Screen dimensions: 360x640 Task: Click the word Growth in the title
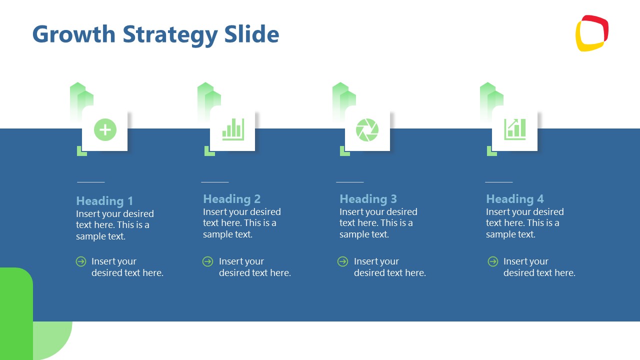tap(73, 34)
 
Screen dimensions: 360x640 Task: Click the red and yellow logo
tap(592, 33)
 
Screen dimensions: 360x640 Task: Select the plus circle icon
tap(105, 130)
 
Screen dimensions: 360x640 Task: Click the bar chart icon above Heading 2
tap(233, 129)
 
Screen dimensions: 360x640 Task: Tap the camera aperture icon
tap(367, 130)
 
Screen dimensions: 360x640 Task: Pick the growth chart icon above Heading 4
tap(515, 129)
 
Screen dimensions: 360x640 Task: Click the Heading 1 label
tap(104, 201)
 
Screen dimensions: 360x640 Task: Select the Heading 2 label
tap(231, 199)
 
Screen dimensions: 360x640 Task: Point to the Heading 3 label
tap(368, 199)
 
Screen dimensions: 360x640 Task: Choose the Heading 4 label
tap(514, 199)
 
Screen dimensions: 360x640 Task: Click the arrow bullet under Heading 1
tap(81, 261)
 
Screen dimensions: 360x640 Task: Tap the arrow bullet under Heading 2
tap(207, 261)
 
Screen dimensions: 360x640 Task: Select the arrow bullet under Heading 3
tap(342, 261)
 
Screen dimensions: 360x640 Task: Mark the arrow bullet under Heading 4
tap(493, 261)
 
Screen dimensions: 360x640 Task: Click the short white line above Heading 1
tap(90, 182)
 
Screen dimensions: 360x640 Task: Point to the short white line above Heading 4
tap(498, 182)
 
